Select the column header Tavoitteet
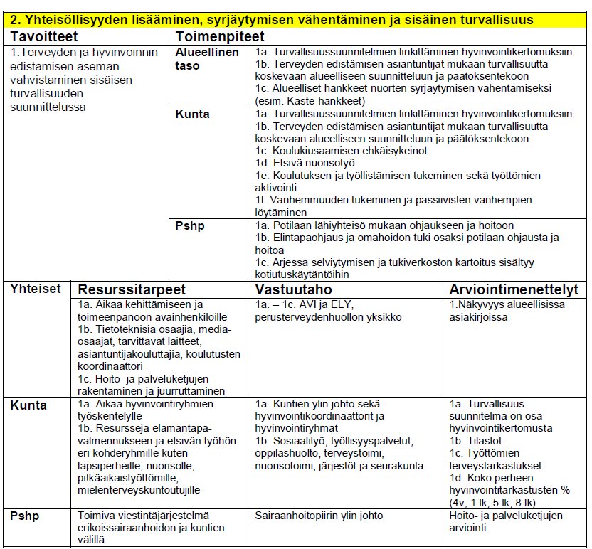pyautogui.click(x=44, y=36)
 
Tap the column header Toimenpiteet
pyautogui.click(x=220, y=36)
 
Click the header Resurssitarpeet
pyautogui.click(x=132, y=289)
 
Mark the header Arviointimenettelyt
pyautogui.click(x=514, y=289)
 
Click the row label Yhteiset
pyautogui.click(x=35, y=289)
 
